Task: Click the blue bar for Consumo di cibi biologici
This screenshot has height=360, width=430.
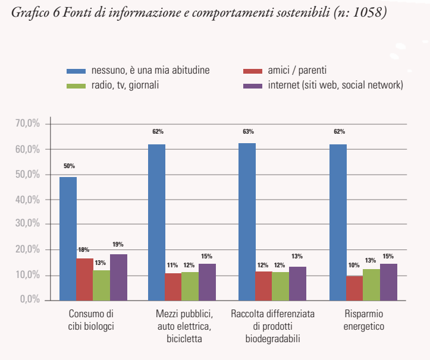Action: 68,238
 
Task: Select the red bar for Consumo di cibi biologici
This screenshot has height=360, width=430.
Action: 84,279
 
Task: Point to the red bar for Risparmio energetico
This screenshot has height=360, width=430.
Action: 354,288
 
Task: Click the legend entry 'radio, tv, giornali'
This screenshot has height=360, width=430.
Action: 125,85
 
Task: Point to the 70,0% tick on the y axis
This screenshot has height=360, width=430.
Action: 27,124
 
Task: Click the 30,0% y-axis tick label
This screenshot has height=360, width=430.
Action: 27,225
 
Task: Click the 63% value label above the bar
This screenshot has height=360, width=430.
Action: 247,132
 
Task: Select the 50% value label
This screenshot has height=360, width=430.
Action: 69,166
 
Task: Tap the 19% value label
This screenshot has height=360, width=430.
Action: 118,244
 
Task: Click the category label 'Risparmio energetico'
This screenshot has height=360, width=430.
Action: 356,320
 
